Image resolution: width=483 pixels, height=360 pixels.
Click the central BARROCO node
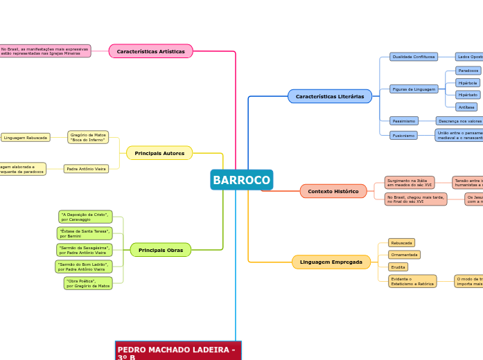[x=242, y=180]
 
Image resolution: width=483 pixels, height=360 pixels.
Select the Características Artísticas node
[x=150, y=51]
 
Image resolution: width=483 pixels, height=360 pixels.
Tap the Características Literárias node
[x=329, y=96]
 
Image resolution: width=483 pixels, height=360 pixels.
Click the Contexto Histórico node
[x=333, y=191]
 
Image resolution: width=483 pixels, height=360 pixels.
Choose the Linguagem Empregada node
[x=331, y=262]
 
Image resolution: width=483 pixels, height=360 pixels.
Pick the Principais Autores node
[x=159, y=153]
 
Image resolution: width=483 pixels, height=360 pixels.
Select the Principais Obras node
[x=160, y=250]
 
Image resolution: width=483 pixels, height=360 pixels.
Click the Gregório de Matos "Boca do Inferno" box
[x=88, y=137]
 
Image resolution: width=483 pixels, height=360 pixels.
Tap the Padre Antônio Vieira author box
[x=86, y=169]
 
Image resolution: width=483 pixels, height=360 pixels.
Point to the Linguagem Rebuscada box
[x=26, y=138]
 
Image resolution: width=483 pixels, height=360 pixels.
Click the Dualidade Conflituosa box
[x=414, y=57]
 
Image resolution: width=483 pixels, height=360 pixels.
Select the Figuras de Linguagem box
[x=414, y=89]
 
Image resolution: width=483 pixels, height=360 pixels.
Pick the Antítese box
[x=466, y=107]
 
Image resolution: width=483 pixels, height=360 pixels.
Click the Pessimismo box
[x=403, y=120]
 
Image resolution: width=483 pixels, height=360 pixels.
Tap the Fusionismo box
[x=403, y=136]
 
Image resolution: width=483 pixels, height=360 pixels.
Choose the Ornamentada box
[x=404, y=255]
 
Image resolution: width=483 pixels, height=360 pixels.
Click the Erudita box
[x=398, y=267]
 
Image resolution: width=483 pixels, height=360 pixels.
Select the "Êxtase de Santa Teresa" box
[x=85, y=233]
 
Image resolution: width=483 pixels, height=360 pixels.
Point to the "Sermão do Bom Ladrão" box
[x=84, y=267]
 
